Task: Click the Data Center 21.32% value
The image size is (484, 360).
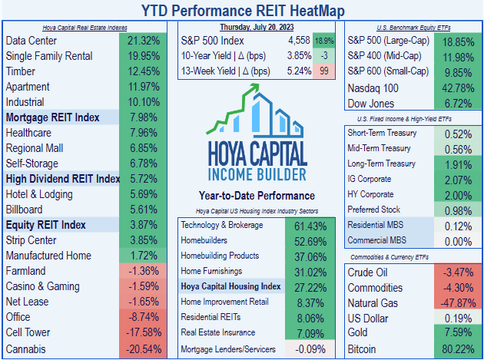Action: pyautogui.click(x=146, y=40)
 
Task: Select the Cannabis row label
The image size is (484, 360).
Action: pyautogui.click(x=26, y=348)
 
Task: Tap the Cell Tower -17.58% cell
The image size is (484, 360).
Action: pyautogui.click(x=146, y=333)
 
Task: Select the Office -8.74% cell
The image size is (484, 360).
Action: pyautogui.click(x=146, y=318)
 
